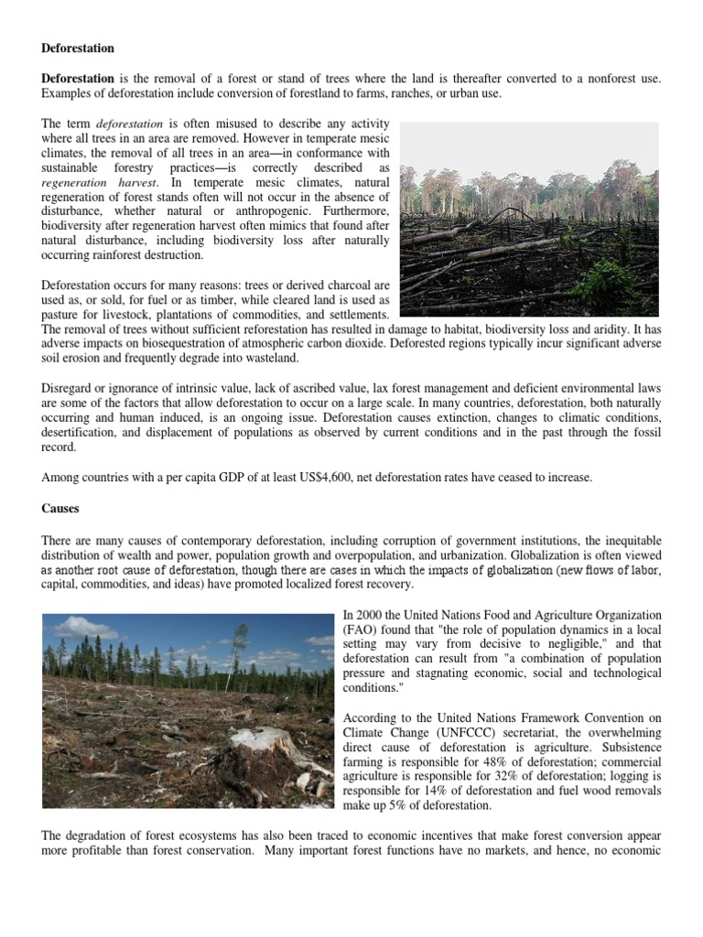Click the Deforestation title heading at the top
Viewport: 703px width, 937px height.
(78, 47)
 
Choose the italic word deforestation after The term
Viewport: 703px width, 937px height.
(130, 124)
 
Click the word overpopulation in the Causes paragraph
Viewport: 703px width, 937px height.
(446, 555)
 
